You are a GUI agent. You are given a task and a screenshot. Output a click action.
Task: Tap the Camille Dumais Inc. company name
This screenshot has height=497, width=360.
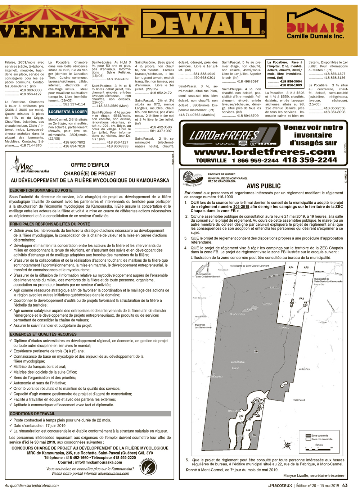pos(315,36)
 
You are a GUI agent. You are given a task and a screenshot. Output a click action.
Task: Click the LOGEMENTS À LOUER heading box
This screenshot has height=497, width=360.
pos(68,112)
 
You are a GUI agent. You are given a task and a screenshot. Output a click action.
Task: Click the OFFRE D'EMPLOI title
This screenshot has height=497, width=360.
pos(90,165)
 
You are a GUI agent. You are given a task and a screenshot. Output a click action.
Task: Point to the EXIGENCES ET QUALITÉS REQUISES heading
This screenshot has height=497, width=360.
pos(43,334)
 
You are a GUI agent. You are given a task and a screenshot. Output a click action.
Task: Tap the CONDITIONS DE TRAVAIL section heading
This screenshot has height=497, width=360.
pos(32,414)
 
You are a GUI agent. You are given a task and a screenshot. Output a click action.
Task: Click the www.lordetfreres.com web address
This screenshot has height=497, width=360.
pos(265,152)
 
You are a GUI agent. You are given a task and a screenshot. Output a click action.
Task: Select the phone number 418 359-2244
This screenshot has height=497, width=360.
pos(310,160)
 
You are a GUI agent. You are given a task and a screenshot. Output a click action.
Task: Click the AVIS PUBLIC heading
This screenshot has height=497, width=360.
pos(264,186)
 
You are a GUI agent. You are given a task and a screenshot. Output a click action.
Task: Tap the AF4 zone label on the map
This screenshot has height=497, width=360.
pos(291,267)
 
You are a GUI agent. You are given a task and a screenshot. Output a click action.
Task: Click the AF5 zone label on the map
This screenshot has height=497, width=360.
pos(306,267)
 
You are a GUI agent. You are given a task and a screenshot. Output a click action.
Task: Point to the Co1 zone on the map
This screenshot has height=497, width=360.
pos(284,385)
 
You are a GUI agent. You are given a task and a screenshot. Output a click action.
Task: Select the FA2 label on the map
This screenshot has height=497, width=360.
pos(301,298)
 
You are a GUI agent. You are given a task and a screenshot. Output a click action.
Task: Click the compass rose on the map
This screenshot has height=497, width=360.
pos(287,446)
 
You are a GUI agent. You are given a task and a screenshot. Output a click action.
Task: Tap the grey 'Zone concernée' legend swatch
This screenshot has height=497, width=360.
pos(308,435)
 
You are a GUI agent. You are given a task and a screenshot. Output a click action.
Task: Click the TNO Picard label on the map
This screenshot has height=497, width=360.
pos(299,400)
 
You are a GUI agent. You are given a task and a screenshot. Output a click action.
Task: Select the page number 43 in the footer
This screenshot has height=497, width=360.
pos(345,485)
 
